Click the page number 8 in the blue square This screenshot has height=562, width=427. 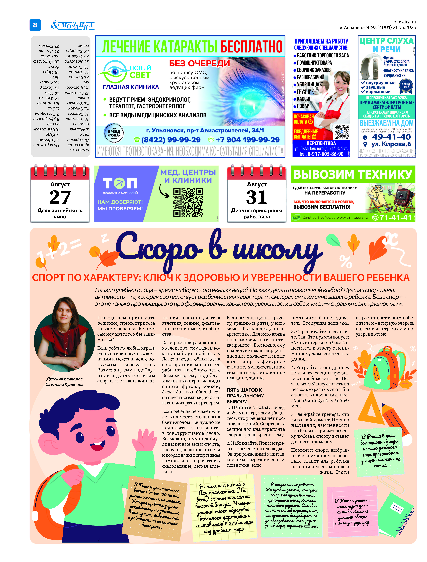(x=35, y=25)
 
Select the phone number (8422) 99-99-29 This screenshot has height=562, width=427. (x=171, y=140)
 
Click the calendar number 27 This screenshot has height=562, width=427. (x=60, y=197)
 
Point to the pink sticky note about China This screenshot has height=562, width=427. (x=352, y=511)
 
